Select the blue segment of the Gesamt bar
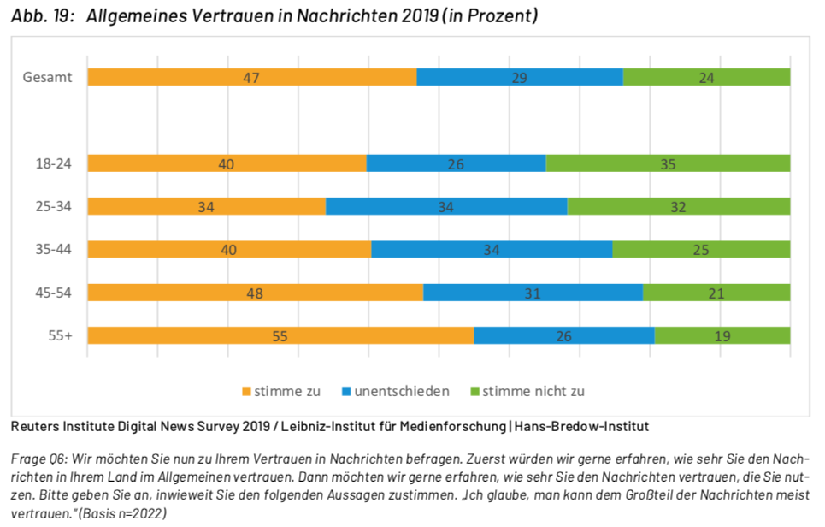coord(519,77)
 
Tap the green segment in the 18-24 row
coord(668,163)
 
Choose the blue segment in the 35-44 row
coord(492,250)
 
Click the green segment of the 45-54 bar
coord(716,293)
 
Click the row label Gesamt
coord(47,77)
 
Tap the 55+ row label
coord(59,335)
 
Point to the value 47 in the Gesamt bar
coord(250,77)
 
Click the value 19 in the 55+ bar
coord(722,335)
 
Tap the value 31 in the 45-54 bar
coord(533,293)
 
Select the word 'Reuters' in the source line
coord(35,425)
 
